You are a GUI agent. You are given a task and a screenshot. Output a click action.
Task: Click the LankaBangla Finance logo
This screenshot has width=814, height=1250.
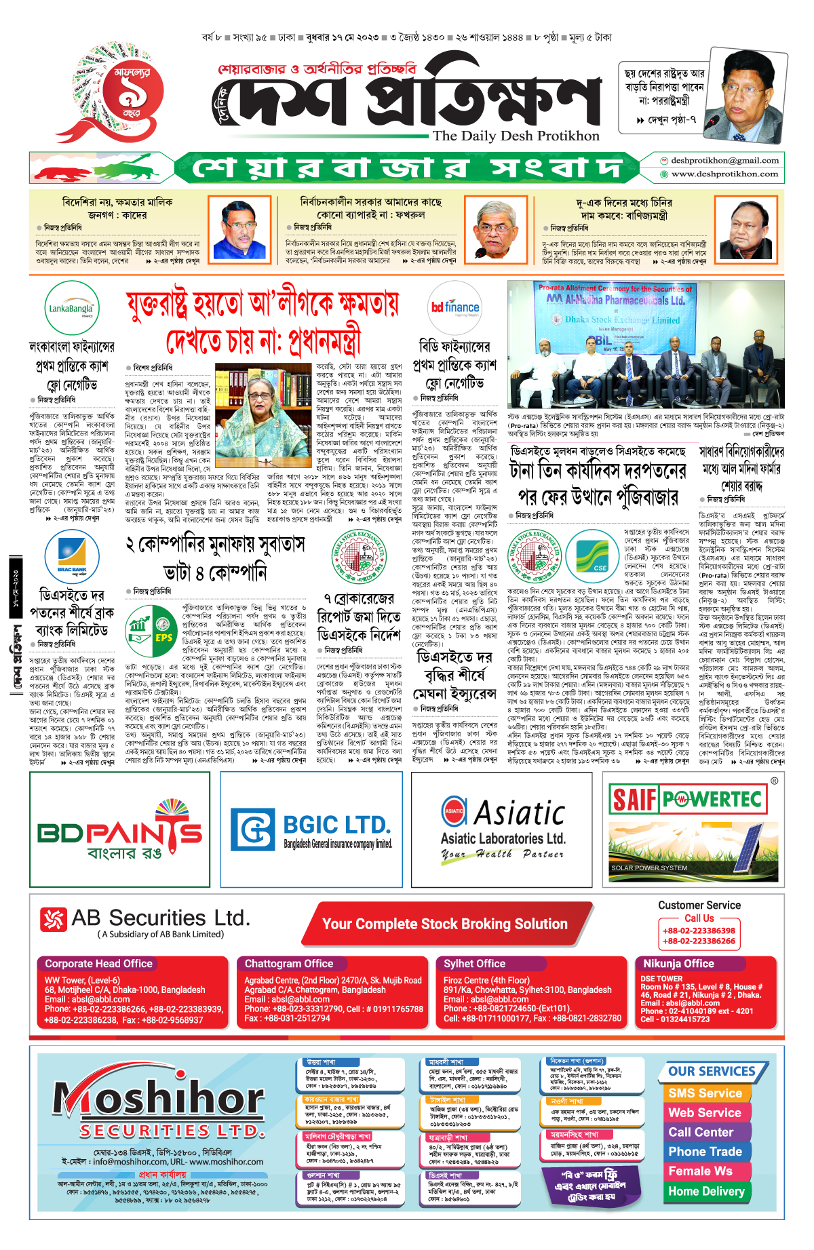click(x=71, y=309)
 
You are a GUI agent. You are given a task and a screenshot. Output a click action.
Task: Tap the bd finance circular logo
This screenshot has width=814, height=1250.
click(x=454, y=308)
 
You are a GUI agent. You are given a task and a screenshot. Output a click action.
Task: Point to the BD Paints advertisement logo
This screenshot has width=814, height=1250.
click(x=119, y=830)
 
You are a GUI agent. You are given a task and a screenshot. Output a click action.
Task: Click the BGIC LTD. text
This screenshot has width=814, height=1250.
click(x=336, y=825)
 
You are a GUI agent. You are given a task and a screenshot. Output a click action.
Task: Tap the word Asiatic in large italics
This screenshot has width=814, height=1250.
click(x=519, y=813)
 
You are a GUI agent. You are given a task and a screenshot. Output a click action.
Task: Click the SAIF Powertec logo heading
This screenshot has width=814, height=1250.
click(x=686, y=799)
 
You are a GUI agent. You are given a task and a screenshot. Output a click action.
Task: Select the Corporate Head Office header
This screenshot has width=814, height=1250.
click(x=98, y=964)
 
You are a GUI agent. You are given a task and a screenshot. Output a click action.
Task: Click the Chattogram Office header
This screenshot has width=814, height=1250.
click(x=289, y=964)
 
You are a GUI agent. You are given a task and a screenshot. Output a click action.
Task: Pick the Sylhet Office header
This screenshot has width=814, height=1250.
click(x=474, y=964)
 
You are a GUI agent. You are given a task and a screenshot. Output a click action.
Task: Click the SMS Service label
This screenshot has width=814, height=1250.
click(x=705, y=1093)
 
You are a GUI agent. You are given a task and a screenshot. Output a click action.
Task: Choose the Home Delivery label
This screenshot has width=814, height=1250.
click(x=706, y=1191)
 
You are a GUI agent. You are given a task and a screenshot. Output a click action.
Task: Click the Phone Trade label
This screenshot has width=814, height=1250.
click(x=705, y=1152)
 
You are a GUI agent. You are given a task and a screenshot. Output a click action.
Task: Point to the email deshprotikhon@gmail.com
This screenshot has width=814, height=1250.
click(x=724, y=161)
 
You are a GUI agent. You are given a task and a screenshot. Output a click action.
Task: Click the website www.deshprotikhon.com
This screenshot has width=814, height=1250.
click(x=724, y=174)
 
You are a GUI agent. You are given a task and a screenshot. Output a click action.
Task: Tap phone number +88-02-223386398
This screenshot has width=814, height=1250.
click(x=699, y=931)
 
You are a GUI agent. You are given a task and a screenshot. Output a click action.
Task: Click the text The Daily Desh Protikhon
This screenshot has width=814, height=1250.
click(x=516, y=136)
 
